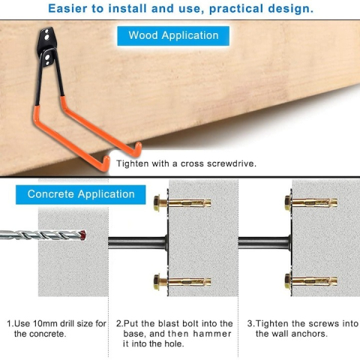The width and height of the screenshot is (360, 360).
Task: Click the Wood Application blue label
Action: coord(173,36)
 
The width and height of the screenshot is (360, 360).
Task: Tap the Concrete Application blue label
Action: coord(81,194)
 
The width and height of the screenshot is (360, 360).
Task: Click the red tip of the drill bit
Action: coord(82,235)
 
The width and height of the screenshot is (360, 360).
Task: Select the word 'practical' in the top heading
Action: coord(236,8)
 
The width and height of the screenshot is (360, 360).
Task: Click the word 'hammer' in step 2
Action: coord(212,334)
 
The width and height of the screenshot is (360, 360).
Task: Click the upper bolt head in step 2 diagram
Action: coord(157,202)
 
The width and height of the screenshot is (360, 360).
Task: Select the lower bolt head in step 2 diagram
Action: coord(157,282)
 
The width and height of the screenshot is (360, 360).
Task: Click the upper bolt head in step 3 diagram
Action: coord(288,202)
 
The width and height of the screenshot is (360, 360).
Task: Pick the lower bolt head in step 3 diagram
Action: coord(288,282)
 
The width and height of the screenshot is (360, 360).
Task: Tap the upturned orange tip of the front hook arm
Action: coord(106,163)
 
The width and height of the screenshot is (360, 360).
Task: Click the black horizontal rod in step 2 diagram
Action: coord(137,243)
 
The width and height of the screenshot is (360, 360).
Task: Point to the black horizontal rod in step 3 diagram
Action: coord(264,243)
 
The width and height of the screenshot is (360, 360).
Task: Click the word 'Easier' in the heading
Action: coord(67,8)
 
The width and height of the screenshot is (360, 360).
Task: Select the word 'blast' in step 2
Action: coord(169,323)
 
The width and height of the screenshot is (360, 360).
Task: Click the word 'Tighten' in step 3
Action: coord(272,323)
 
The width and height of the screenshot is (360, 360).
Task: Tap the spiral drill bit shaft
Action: coord(40,235)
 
